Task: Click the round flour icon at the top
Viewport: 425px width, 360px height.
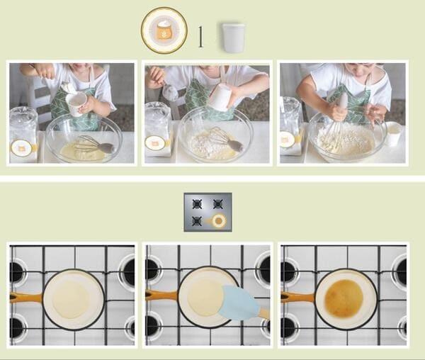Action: point(164,30)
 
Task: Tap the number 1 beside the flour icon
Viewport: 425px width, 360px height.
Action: point(200,37)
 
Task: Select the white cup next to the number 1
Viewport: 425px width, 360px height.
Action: point(233,38)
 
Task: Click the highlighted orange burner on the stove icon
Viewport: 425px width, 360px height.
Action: point(218,221)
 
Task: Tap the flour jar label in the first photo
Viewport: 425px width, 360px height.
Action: point(21,148)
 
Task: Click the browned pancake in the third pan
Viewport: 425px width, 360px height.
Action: point(344,298)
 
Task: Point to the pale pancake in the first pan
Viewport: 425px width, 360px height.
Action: point(71,299)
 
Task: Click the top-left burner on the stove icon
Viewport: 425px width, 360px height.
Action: point(197,204)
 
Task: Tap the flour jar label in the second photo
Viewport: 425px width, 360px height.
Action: point(155,143)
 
